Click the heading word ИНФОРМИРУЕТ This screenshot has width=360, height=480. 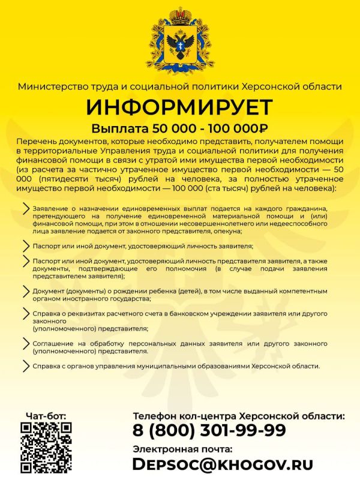(179, 108)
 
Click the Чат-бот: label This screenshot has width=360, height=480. (46, 415)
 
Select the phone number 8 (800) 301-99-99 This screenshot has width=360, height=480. (209, 430)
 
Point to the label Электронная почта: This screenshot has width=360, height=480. (182, 448)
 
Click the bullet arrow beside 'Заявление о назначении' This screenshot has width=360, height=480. (25, 208)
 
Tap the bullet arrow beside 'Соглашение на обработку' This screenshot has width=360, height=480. (25, 343)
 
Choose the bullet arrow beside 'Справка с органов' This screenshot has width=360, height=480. (25, 365)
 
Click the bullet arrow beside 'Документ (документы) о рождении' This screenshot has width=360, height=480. (25, 291)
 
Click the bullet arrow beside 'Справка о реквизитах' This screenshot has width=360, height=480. (25, 314)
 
